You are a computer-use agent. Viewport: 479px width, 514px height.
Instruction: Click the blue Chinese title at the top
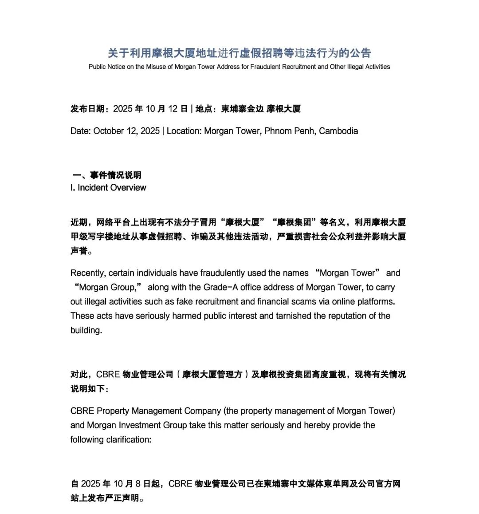pyautogui.click(x=239, y=53)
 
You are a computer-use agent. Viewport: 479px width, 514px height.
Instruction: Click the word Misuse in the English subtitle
pyautogui.click(x=157, y=67)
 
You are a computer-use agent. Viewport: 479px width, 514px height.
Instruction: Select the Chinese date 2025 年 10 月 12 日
pyautogui.click(x=150, y=109)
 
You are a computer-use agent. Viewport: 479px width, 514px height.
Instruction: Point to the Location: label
pyautogui.click(x=184, y=131)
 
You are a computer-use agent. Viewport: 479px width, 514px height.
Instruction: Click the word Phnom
pyautogui.click(x=278, y=131)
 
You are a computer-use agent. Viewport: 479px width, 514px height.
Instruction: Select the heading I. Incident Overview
pyautogui.click(x=108, y=188)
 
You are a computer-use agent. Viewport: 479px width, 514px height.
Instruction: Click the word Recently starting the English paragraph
pyautogui.click(x=88, y=273)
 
